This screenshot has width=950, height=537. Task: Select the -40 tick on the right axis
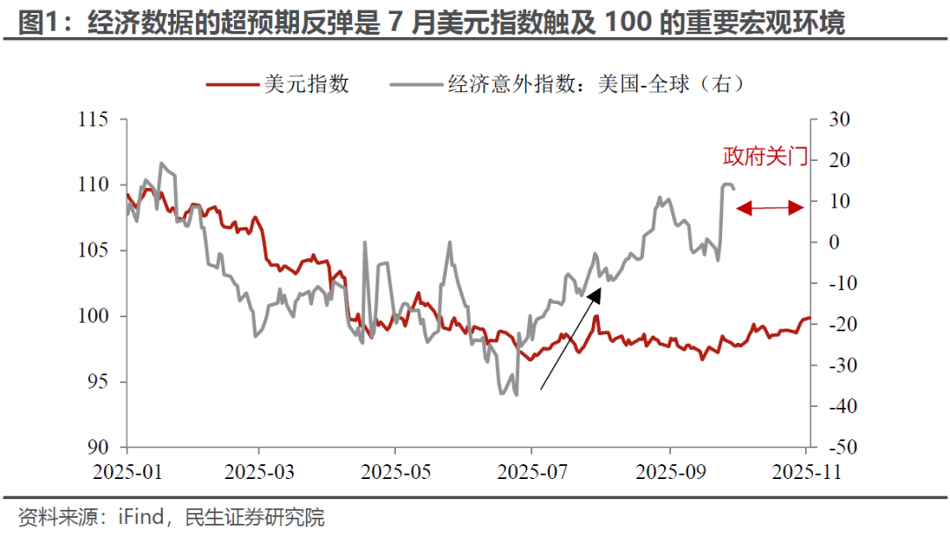click(831, 406)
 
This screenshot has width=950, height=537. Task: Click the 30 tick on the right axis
click(831, 120)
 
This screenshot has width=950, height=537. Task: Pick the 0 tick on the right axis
click(827, 243)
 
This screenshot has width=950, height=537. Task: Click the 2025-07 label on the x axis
click(533, 471)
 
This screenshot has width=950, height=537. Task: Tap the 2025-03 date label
click(259, 471)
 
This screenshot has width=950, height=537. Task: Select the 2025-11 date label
click(807, 471)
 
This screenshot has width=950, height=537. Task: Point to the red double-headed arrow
click(770, 208)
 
